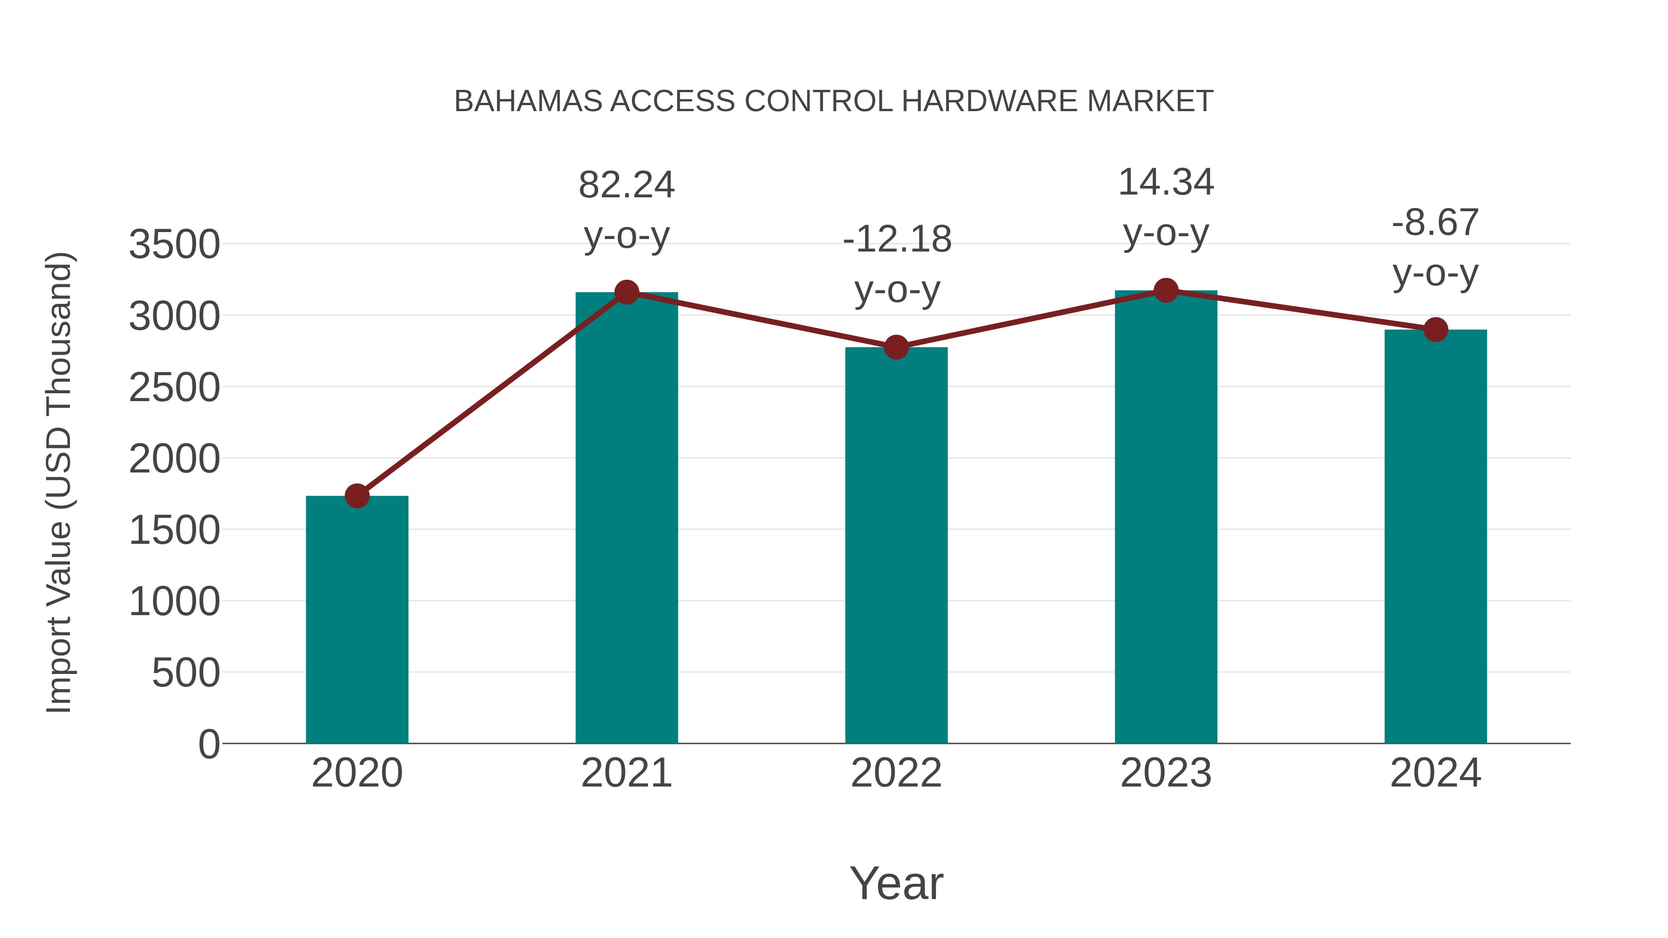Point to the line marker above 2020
click(357, 496)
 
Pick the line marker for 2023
click(1166, 290)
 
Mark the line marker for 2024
click(1435, 329)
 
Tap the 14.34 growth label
click(1166, 183)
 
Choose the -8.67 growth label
click(1435, 223)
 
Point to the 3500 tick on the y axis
click(175, 246)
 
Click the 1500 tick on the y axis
click(175, 531)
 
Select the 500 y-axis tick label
click(186, 673)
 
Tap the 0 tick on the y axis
click(209, 744)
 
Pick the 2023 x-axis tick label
click(1166, 773)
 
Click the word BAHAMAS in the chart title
click(528, 101)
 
